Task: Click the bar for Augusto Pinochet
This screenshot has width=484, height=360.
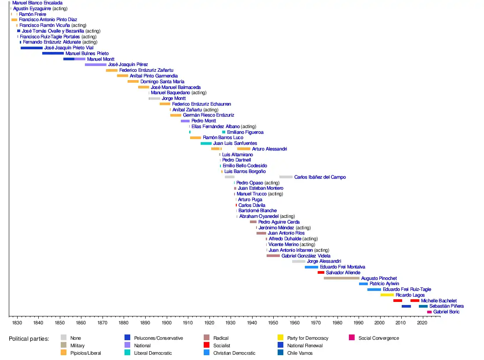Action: pos(341,278)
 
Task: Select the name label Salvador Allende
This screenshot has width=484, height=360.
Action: pos(343,272)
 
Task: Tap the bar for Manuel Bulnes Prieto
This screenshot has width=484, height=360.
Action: pos(53,53)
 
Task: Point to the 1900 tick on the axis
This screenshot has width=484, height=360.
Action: pos(167,316)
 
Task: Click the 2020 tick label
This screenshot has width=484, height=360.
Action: pos(422,323)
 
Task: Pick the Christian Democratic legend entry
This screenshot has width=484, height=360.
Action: pos(234,353)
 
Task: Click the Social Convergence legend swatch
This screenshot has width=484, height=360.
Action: pos(352,338)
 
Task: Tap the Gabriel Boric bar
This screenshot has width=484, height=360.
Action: pos(429,312)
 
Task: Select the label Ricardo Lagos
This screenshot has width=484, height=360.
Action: pos(410,295)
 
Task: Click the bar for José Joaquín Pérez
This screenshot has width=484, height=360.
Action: pos(95,65)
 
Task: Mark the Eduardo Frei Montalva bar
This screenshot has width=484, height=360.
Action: pos(311,267)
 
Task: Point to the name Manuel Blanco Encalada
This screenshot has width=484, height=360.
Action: pos(37,3)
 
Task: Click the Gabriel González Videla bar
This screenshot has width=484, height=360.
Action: pos(273,256)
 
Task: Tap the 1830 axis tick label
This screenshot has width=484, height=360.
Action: pos(17,323)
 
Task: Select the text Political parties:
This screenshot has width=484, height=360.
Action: pos(29,338)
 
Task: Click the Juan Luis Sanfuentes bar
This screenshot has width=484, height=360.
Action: pos(206,143)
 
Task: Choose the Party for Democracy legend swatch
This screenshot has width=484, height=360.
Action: pos(280,338)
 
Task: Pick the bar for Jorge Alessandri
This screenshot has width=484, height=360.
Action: pos(298,261)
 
